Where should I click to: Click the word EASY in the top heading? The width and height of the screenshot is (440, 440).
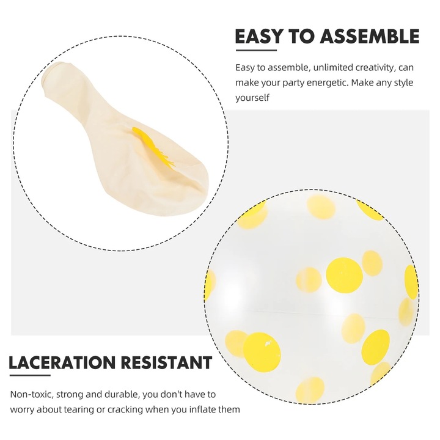tap(258, 36)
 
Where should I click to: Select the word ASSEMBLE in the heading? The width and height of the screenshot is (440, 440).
tap(370, 36)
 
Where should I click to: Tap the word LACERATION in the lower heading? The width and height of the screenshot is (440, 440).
tap(62, 362)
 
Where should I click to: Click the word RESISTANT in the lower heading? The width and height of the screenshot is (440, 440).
tap(167, 362)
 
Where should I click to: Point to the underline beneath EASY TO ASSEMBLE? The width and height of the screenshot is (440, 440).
tap(256, 51)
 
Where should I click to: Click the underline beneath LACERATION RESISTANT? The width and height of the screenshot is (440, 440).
tap(30, 375)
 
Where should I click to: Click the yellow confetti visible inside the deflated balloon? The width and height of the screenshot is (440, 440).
tap(153, 148)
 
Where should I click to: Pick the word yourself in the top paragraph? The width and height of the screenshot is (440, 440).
tap(252, 98)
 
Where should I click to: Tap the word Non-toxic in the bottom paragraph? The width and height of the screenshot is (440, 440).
tap(32, 394)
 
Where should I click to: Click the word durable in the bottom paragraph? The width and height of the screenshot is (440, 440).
tap(122, 394)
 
